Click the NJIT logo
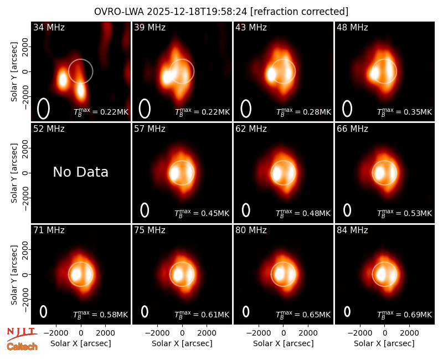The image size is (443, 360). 22,334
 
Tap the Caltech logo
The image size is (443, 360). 22,347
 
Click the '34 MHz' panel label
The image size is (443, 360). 49,27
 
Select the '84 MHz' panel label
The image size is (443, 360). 352,230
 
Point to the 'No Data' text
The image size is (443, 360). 80,172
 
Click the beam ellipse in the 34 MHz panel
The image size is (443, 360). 43,109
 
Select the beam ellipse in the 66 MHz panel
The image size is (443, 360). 347,210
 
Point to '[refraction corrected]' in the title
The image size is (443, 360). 300,12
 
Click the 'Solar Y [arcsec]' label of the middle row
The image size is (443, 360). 14,173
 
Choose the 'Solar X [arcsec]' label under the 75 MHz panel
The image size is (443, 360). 182,343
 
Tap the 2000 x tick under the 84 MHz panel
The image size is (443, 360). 409,333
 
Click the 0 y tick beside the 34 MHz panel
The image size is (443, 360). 25,71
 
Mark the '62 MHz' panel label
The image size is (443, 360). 251,129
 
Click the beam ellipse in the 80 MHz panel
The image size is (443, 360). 246,311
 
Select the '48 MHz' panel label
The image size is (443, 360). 352,27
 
